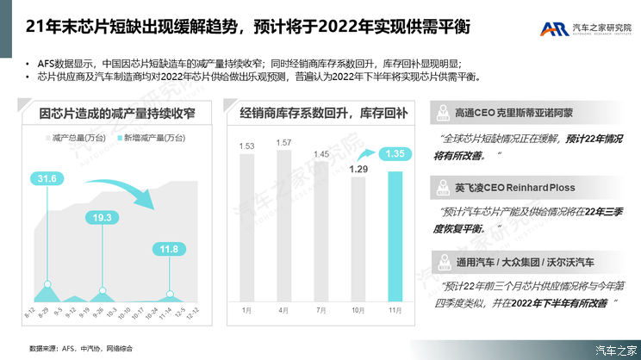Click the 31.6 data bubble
[47, 178]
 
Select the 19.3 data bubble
[103, 217]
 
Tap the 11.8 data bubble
[170, 250]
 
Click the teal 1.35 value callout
[395, 154]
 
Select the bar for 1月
[246, 227]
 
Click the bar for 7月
[321, 231]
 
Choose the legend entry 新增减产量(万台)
[147, 138]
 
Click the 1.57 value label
[283, 143]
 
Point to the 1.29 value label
[358, 169]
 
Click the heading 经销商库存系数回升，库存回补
[323, 113]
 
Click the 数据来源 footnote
[75, 348]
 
